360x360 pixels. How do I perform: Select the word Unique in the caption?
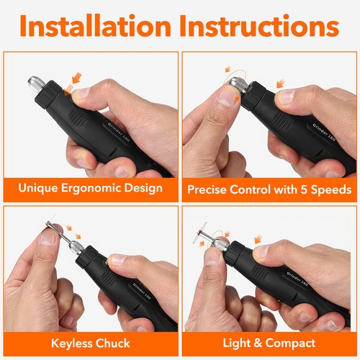click(37, 189)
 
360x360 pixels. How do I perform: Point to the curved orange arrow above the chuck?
click(231, 71)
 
